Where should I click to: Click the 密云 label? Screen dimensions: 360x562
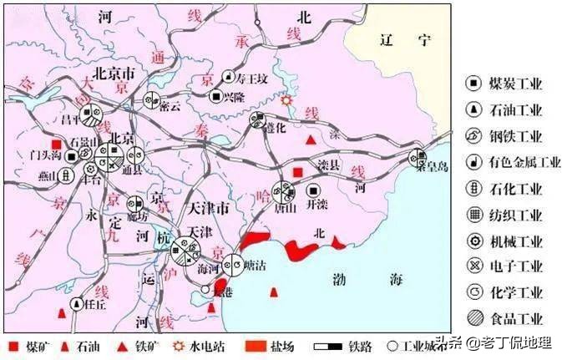[170, 107]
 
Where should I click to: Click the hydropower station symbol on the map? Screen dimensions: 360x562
[287, 99]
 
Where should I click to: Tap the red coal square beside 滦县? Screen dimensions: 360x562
[297, 173]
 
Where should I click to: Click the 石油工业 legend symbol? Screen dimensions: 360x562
[473, 109]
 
